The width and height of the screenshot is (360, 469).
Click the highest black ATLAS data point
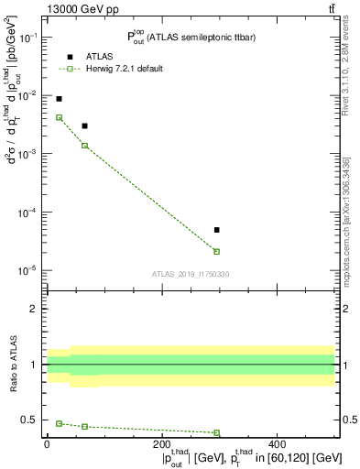[59, 99]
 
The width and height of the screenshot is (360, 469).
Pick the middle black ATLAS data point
[84, 126]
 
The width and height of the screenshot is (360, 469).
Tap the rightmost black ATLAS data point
[217, 230]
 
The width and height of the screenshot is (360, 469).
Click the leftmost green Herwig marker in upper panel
[59, 117]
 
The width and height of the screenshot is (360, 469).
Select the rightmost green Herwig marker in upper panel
[217, 251]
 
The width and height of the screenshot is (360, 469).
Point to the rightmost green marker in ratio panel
[217, 432]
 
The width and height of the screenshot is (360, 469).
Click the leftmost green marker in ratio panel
[59, 423]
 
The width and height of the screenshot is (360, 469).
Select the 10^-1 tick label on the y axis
[28, 38]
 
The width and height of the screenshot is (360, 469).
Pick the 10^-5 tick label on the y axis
[28, 270]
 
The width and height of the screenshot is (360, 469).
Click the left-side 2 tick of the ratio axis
[36, 309]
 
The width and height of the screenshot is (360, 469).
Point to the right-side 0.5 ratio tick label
[349, 420]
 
